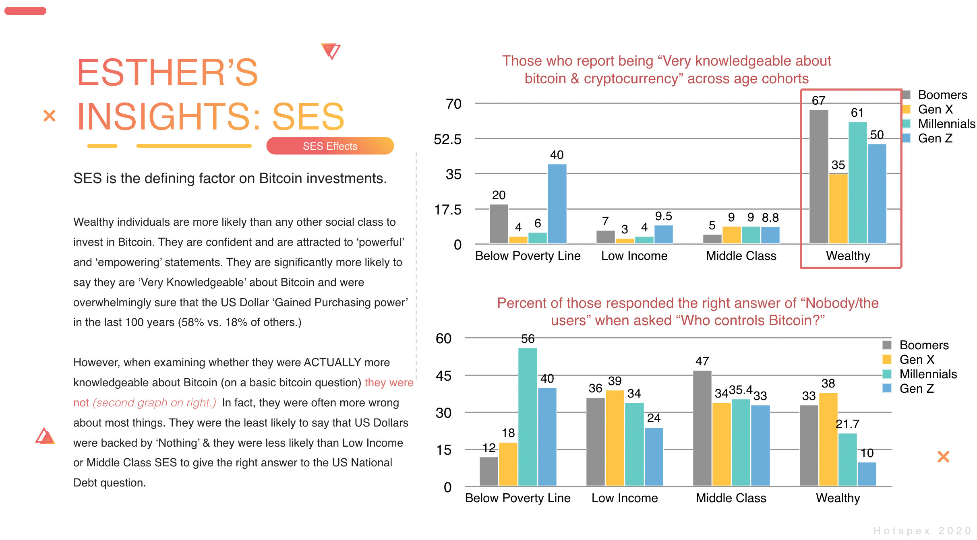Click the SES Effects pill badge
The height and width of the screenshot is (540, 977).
pos(330,146)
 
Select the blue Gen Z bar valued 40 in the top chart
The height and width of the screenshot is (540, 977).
pos(557,204)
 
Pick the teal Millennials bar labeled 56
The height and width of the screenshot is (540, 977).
pos(528,416)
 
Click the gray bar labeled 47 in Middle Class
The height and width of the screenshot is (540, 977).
pos(702,428)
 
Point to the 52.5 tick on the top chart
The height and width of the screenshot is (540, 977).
pos(447,140)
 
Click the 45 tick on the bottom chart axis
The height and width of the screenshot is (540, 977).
pos(443,376)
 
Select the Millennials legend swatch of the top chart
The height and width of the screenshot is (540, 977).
pos(907,124)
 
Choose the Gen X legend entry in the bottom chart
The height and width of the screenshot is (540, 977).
pos(917,359)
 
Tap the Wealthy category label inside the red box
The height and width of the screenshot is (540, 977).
pos(848,256)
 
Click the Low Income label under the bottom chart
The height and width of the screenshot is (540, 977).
pos(624,498)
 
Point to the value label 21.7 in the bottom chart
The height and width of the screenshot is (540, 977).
pos(847,424)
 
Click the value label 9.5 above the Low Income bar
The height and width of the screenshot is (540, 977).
pos(663,216)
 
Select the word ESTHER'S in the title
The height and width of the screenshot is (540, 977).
pos(167,72)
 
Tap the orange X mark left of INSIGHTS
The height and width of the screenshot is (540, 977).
pos(49,116)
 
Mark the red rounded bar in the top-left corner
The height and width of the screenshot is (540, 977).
pos(25,11)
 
